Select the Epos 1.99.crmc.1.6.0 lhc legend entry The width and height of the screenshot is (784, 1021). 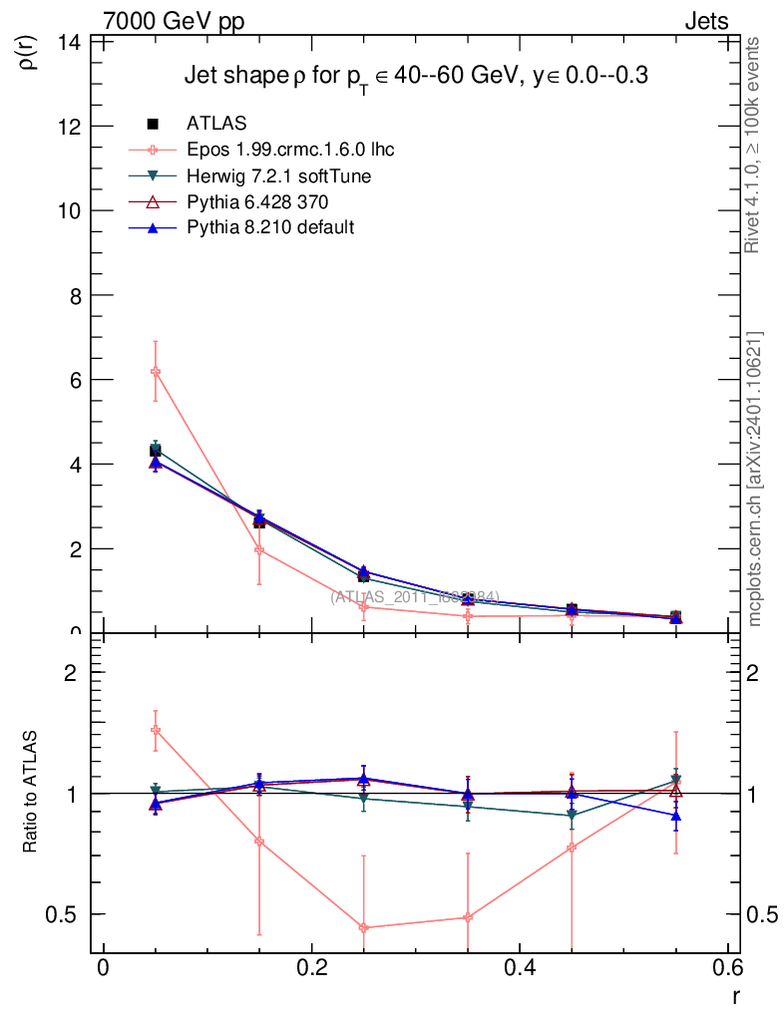click(x=290, y=151)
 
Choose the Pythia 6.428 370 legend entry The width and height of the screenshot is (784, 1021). click(x=257, y=202)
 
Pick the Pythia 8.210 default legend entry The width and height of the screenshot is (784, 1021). click(x=270, y=228)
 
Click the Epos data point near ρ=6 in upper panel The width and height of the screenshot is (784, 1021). click(x=155, y=372)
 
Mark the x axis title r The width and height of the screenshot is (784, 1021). click(x=736, y=996)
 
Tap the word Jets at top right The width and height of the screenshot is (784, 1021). click(x=706, y=22)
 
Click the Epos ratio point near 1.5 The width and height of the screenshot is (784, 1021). click(x=155, y=730)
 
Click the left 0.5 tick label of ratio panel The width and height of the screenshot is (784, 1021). click(x=68, y=914)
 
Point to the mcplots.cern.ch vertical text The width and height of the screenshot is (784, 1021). click(x=756, y=479)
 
